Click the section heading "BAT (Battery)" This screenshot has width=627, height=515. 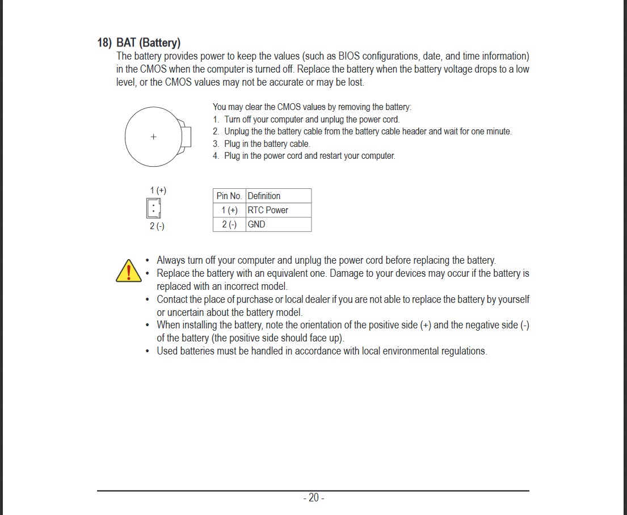click(148, 43)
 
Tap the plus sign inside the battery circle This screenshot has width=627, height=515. click(153, 137)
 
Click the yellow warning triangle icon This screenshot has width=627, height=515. click(129, 271)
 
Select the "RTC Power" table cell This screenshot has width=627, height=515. click(268, 210)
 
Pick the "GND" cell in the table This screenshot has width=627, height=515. click(256, 224)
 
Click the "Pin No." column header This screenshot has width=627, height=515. click(229, 196)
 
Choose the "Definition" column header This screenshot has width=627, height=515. click(264, 196)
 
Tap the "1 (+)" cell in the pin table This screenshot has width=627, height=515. click(229, 210)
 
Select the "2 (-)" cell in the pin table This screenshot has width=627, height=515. click(229, 224)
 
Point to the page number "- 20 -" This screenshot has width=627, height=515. click(313, 498)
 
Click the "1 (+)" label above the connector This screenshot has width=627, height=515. click(158, 190)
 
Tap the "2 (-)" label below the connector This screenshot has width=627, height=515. click(157, 226)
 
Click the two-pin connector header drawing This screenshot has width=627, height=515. click(153, 208)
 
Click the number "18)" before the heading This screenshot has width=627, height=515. click(104, 43)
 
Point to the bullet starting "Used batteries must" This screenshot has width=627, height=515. click(322, 351)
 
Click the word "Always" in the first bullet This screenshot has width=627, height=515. click(170, 260)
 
